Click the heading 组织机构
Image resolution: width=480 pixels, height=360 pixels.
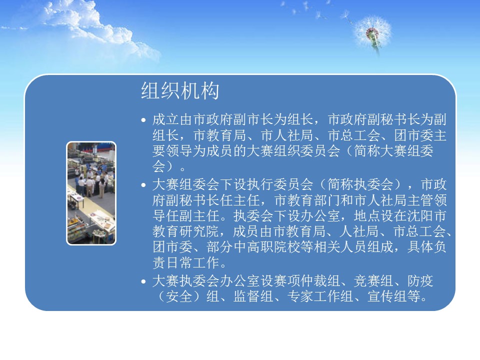coord(180,91)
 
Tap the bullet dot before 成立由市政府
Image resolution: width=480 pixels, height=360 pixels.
coord(143,120)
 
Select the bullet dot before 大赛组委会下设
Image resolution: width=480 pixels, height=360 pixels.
coord(143,185)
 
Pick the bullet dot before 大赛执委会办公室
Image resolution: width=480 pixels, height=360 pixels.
coord(143,281)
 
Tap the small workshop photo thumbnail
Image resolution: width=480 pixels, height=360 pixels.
coord(91,193)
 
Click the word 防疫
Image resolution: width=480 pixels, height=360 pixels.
coord(420,281)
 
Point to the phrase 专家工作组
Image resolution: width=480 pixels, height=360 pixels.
coord(320,296)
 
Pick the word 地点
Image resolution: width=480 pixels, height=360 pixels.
coord(367,216)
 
